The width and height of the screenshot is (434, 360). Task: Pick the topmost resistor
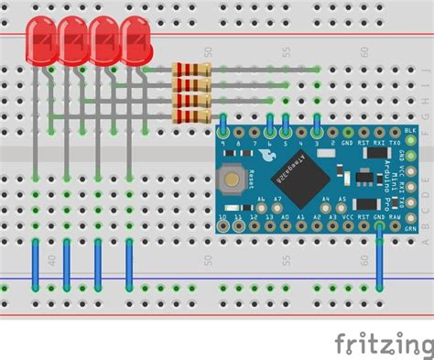190,70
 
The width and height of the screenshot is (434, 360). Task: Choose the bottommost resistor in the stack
190,114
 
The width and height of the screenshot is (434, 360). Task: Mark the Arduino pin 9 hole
223,132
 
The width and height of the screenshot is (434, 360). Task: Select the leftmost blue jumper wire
36,266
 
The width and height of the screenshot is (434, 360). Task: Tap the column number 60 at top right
364,53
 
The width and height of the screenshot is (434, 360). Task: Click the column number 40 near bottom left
51,259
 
